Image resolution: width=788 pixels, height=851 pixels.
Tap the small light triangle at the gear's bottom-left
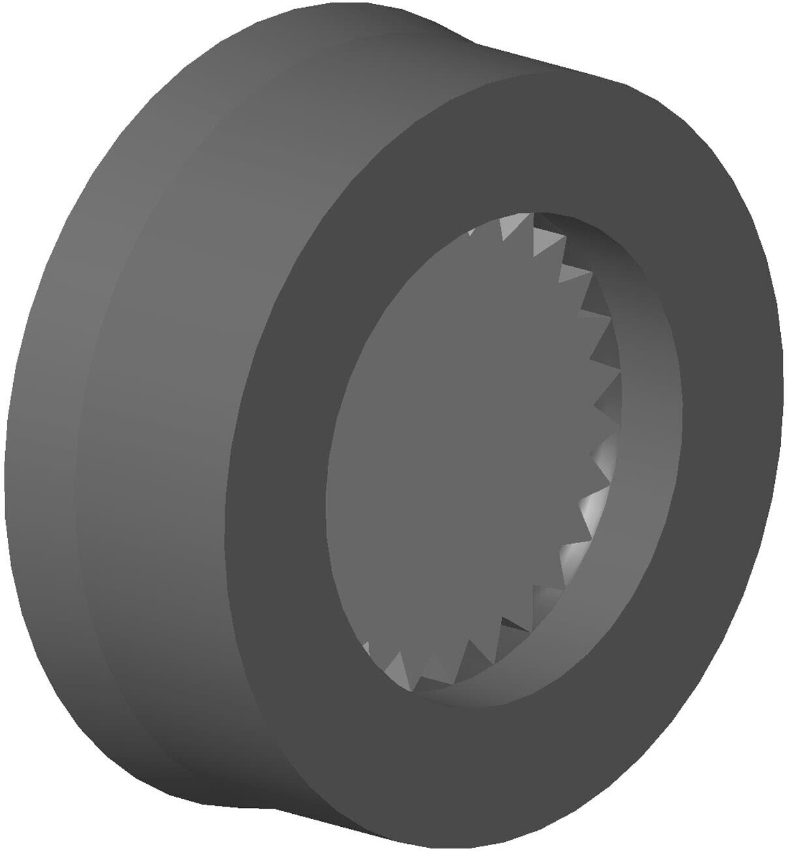tap(365, 649)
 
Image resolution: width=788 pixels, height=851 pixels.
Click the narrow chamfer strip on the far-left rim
tap(39, 457)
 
